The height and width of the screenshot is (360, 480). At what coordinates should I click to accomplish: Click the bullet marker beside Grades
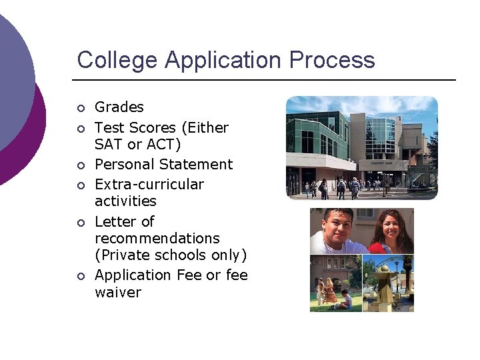[x=81, y=108]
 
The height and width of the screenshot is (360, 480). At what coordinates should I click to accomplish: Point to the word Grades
[x=119, y=107]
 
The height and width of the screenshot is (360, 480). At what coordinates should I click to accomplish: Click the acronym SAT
[x=109, y=144]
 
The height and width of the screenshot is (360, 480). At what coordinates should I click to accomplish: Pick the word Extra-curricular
[x=149, y=184]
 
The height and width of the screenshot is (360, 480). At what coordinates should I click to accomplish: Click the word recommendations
[x=157, y=238]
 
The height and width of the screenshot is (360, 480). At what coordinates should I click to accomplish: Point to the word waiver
[x=118, y=292]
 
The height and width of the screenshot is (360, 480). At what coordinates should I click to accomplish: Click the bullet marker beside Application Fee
[x=81, y=276]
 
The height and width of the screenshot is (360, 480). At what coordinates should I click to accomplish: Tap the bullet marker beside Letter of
[x=81, y=222]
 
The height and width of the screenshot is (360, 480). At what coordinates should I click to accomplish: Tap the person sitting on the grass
[x=346, y=300]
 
